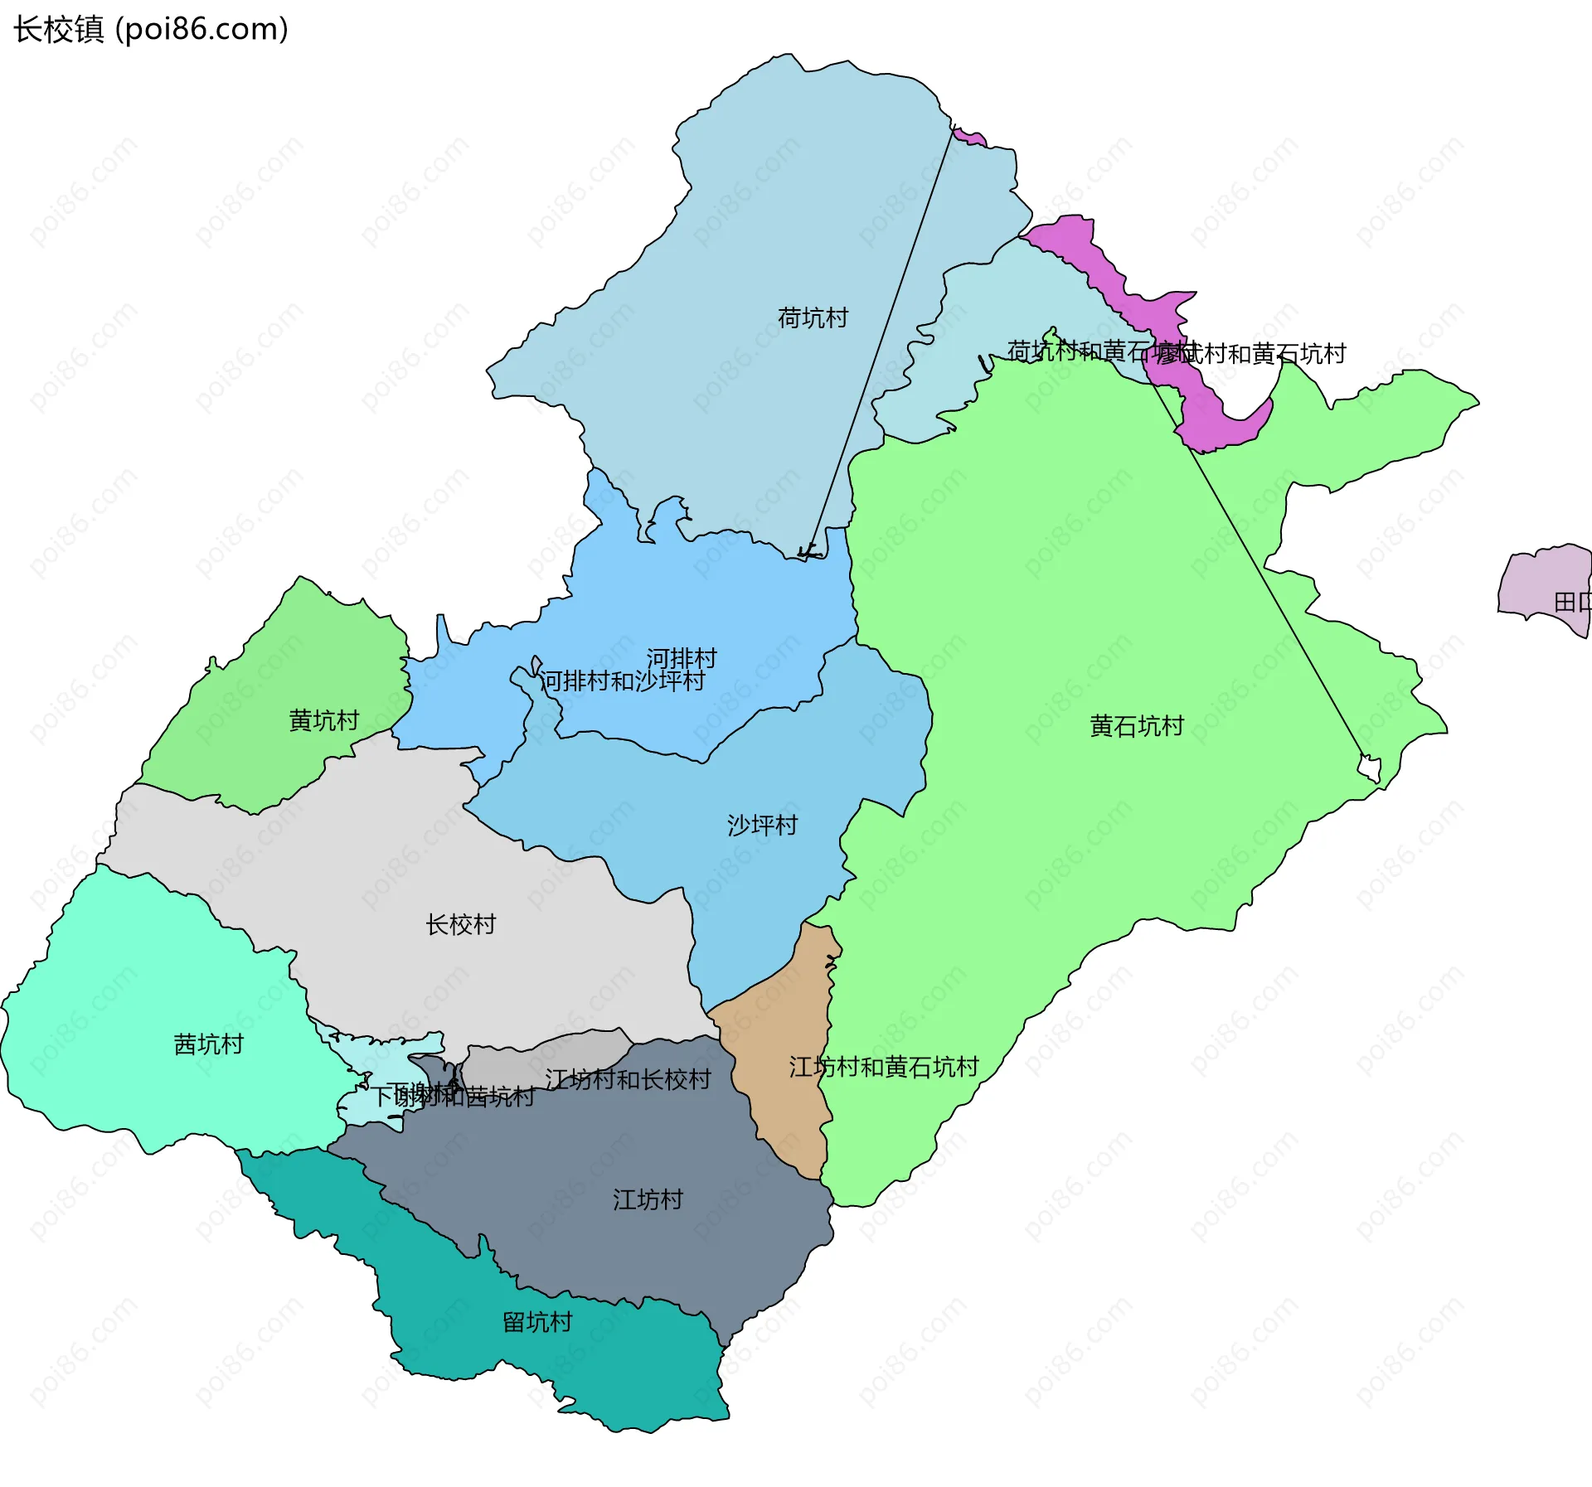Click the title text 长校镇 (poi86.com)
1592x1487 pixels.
[150, 29]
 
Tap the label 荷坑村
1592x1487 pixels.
[813, 318]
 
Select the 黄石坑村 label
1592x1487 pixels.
[1136, 727]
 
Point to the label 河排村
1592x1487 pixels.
[682, 659]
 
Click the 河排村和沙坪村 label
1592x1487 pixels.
[622, 681]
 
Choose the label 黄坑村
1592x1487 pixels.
[323, 721]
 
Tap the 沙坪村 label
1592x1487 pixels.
[762, 826]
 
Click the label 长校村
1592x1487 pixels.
[460, 925]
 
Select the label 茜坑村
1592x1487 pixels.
[208, 1044]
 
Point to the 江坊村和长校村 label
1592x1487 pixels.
[628, 1080]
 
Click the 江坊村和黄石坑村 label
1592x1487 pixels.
[884, 1068]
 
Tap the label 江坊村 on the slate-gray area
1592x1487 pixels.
[648, 1200]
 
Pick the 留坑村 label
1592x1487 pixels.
[537, 1322]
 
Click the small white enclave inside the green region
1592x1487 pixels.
[1370, 768]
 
